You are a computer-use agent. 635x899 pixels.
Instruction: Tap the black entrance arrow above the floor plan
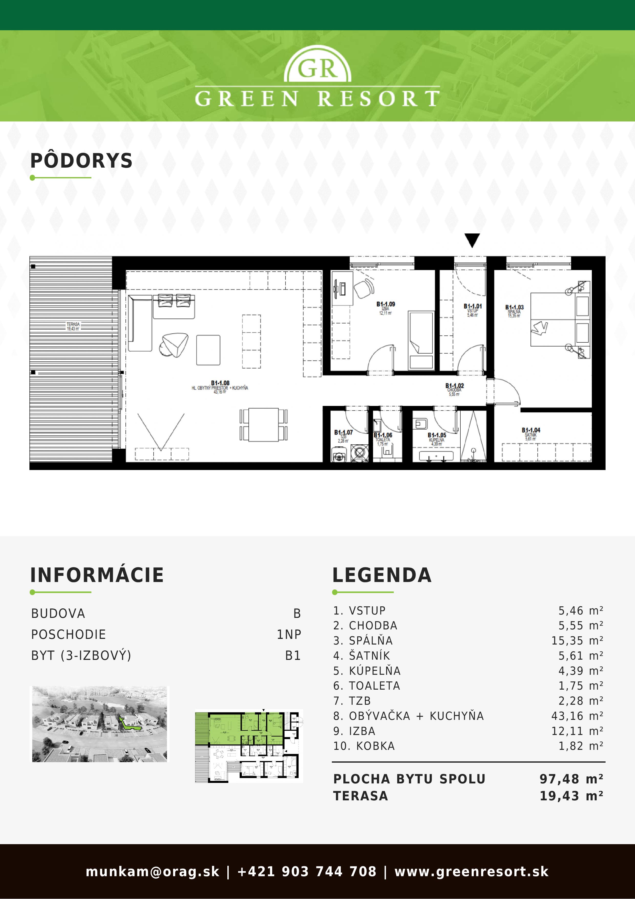(x=472, y=240)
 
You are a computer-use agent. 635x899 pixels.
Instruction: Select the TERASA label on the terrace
(x=73, y=326)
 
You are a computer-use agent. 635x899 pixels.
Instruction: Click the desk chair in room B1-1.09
(x=364, y=289)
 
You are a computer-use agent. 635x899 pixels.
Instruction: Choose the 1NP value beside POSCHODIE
(x=289, y=634)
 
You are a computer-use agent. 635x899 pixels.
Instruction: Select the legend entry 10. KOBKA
(x=364, y=746)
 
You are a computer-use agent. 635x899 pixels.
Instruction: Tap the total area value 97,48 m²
(x=571, y=779)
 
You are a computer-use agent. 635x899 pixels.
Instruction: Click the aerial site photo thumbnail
(x=99, y=724)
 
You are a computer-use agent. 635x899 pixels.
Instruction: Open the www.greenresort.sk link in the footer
(x=471, y=872)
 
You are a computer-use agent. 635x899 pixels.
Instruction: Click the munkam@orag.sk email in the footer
(x=152, y=872)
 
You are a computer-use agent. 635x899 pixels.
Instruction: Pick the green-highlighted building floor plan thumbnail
(x=249, y=746)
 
